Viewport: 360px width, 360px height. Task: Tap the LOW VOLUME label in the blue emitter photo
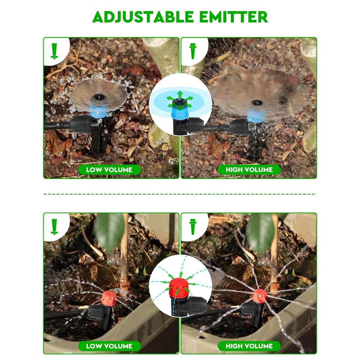click(x=109, y=169)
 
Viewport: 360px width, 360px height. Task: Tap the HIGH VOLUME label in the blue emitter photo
click(x=249, y=169)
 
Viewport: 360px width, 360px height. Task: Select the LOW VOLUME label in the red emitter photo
click(x=109, y=346)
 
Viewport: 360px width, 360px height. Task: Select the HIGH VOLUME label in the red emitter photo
click(x=249, y=346)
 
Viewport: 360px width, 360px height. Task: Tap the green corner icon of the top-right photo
click(x=193, y=51)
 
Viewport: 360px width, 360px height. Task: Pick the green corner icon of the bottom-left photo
click(x=54, y=226)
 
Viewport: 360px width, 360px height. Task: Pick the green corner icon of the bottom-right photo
click(x=193, y=226)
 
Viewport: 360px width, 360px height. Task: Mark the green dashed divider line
click(x=180, y=194)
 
